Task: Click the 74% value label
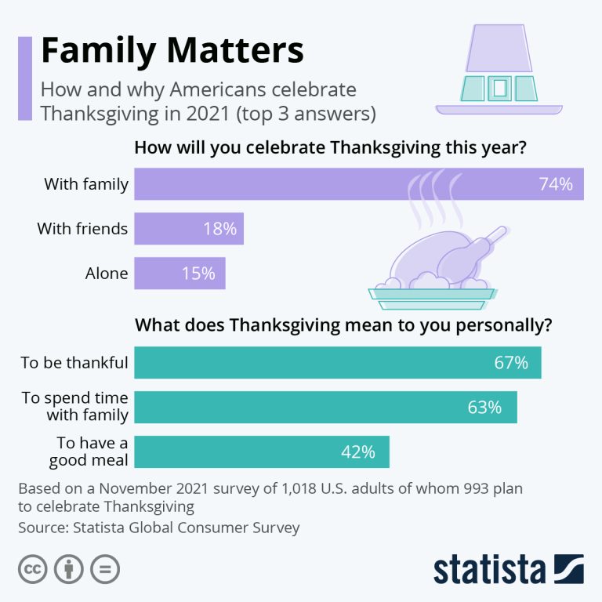[x=556, y=184]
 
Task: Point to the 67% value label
[x=511, y=363]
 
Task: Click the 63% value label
[x=484, y=408]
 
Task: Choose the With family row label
[x=86, y=184]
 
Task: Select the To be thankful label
[x=74, y=363]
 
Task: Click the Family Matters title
[x=172, y=51]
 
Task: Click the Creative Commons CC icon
[x=31, y=569]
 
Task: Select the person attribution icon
[x=68, y=569]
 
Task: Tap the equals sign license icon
[x=105, y=569]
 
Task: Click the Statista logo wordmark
[x=491, y=570]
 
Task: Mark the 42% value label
[x=357, y=452]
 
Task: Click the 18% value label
[x=219, y=229]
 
